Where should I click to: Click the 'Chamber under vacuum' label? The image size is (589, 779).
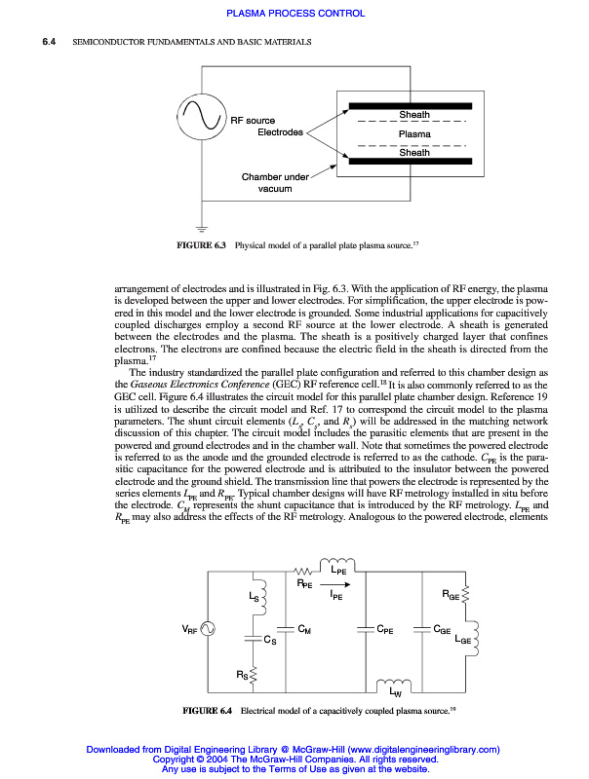click(x=276, y=182)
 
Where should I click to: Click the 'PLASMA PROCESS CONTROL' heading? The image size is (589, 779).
click(x=295, y=14)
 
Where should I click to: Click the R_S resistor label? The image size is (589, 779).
click(x=241, y=674)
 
